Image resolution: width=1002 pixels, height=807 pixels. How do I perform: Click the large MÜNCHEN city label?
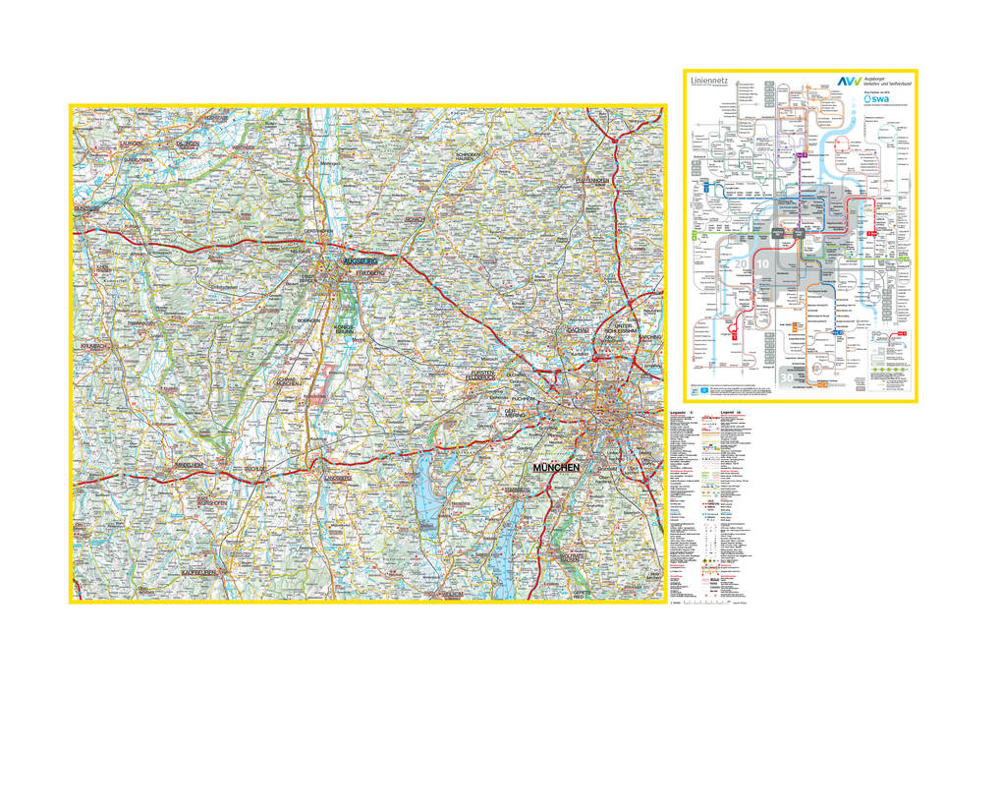[x=556, y=469]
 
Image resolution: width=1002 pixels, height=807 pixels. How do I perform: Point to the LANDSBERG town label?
[x=337, y=478]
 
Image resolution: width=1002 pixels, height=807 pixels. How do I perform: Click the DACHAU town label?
[x=577, y=330]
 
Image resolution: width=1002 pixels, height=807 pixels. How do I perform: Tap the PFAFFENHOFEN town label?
[x=593, y=181]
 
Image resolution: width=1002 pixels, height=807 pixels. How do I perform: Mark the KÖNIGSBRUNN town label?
[x=344, y=330]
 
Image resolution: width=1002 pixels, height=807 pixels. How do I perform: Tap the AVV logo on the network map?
[x=847, y=83]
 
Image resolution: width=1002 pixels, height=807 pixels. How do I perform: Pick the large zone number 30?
[x=786, y=376]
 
